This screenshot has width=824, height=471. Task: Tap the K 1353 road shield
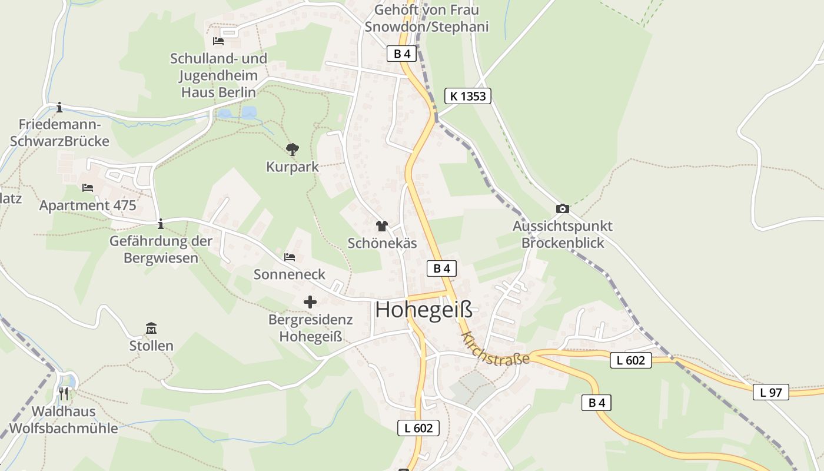coord(467,96)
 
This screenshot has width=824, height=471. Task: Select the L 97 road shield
coord(770,392)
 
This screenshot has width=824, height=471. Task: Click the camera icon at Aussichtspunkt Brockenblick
coord(562,208)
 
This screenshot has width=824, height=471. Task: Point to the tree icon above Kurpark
coord(292,150)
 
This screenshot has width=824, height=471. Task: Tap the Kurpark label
coord(293,167)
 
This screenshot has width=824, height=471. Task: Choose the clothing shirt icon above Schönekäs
coord(382,225)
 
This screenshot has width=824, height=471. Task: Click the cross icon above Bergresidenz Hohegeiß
coord(310,302)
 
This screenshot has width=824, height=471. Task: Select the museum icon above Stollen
coord(151,328)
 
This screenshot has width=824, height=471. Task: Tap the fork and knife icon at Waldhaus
coord(64,393)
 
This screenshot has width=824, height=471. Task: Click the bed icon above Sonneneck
coord(290,257)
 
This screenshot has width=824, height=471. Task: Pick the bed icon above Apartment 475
coord(88,188)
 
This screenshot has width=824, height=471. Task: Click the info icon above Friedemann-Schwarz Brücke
coord(59,107)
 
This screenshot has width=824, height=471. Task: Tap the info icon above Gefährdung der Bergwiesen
coord(161,224)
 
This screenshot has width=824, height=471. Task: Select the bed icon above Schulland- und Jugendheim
coord(218,41)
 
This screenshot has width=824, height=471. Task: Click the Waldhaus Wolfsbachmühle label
coord(64,420)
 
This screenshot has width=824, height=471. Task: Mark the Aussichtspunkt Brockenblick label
coord(563,234)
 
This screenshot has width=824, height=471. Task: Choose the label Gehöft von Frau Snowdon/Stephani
coord(427,18)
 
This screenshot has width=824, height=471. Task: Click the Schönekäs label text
coord(382,243)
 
